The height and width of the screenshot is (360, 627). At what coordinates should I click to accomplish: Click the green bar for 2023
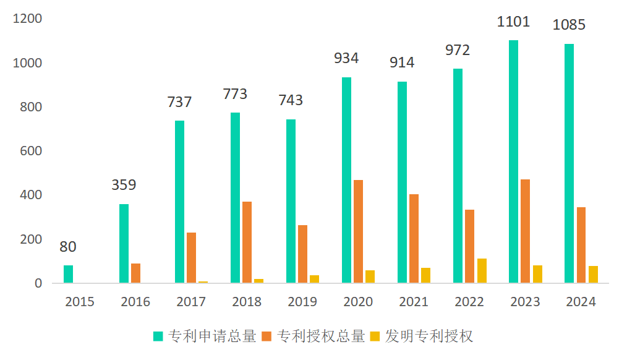513,161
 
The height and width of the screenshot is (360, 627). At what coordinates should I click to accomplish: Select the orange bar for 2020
358,231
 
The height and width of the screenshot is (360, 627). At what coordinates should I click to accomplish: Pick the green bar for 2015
68,274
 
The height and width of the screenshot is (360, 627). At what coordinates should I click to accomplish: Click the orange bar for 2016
135,273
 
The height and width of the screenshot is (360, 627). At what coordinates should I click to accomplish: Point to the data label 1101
513,22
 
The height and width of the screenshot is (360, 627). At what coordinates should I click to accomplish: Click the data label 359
124,184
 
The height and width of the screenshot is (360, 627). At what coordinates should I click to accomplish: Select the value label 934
346,58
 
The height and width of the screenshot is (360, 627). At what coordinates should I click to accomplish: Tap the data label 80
68,247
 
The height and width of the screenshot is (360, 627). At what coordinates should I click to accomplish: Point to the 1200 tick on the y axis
28,19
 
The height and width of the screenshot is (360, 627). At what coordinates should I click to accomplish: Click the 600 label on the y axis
30,151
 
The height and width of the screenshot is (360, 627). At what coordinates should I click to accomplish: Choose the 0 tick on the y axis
38,283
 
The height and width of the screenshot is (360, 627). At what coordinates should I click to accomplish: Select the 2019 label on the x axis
302,302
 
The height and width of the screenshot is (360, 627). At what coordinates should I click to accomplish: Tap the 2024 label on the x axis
581,302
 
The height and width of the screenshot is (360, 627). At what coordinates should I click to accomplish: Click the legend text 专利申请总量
211,336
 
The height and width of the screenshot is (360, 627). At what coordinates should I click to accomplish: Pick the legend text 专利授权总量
321,336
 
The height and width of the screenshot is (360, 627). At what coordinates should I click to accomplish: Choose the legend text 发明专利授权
429,336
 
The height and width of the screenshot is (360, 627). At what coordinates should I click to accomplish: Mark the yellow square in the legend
375,336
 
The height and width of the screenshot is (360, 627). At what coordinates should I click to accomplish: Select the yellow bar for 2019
314,279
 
